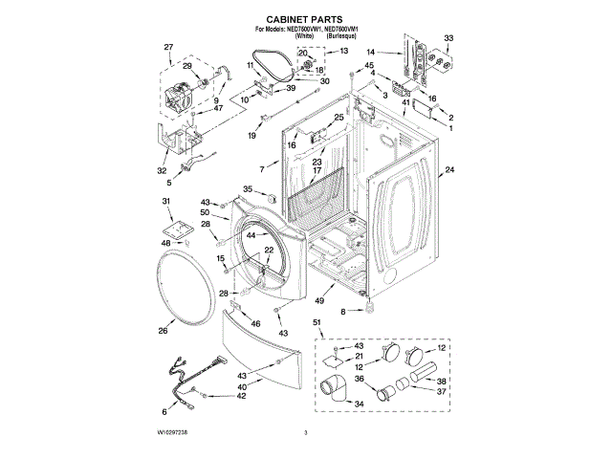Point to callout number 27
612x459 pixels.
click(x=168, y=47)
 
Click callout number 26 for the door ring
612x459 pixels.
click(x=162, y=331)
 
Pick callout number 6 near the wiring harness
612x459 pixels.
click(x=163, y=411)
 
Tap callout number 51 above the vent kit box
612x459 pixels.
click(x=317, y=324)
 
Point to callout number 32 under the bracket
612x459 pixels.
click(x=162, y=170)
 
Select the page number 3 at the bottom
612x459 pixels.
click(x=305, y=434)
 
